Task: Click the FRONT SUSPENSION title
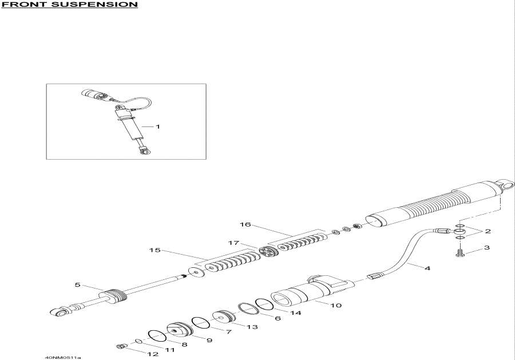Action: click(70, 5)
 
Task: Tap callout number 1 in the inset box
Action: click(159, 126)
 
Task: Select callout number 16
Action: click(245, 225)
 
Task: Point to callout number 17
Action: click(234, 243)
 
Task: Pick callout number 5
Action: click(77, 284)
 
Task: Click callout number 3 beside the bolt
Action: click(486, 248)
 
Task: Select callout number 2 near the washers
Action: click(488, 231)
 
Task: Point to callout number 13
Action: click(252, 327)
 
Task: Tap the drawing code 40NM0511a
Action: click(62, 358)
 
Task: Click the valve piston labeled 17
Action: click(267, 251)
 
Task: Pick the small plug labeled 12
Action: click(121, 346)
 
